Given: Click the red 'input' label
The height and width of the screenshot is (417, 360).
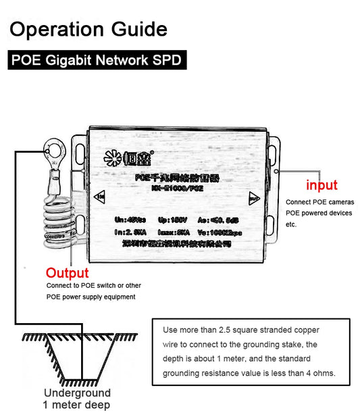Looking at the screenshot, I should coord(322,185).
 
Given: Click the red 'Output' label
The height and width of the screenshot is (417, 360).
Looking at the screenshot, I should coord(67,273).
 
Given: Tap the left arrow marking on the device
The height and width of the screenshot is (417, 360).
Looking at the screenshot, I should coord(101,197).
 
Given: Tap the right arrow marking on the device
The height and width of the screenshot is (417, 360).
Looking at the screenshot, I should coord(254,199).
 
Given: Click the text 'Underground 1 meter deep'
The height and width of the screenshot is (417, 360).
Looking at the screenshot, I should coord(77,399).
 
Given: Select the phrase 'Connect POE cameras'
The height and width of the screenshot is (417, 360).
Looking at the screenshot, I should coord(318,202).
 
